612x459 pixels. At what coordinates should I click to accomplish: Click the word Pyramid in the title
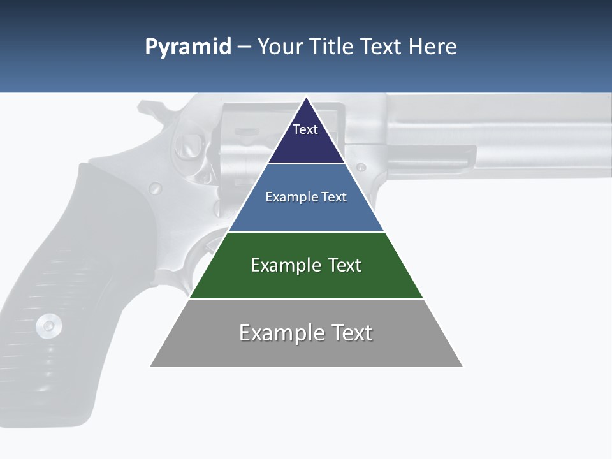188,47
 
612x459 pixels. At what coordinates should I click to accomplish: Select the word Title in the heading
332,47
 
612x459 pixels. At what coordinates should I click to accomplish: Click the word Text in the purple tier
305,129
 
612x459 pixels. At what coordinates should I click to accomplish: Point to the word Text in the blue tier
334,197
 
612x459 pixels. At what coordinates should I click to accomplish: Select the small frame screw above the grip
155,188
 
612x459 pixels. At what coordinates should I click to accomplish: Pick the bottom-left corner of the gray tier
150,366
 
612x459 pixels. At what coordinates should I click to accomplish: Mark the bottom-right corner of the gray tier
463,366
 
